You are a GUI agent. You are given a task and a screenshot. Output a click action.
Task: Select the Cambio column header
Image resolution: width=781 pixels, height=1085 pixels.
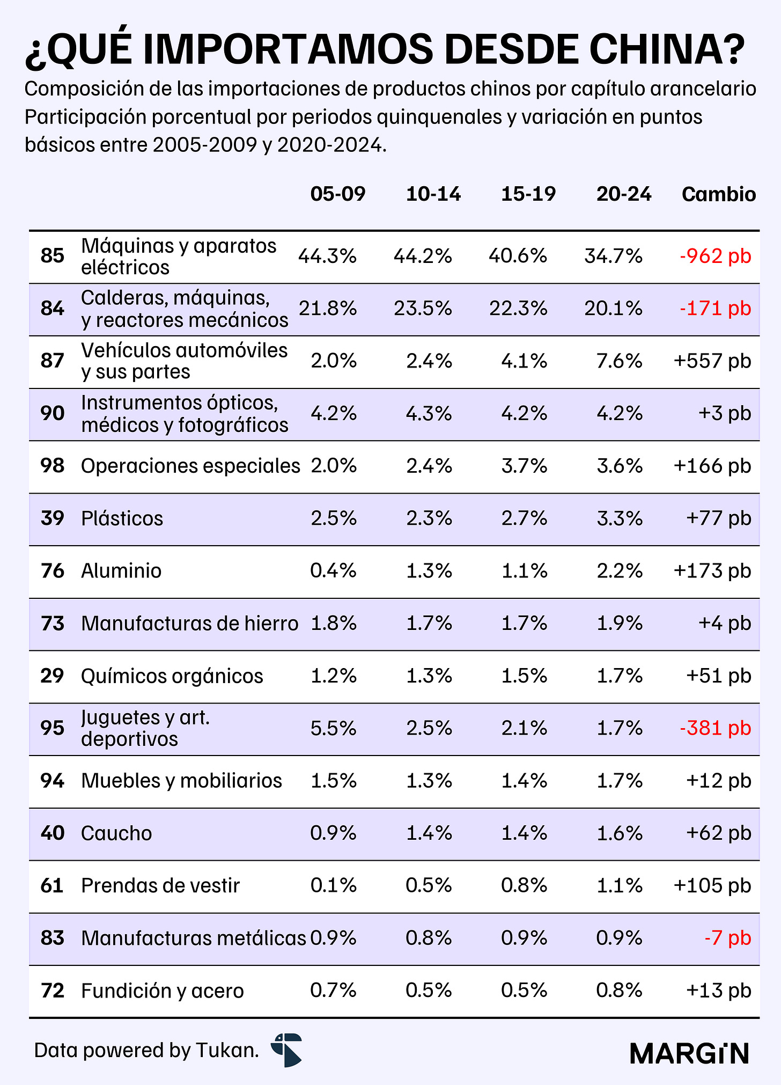click(719, 194)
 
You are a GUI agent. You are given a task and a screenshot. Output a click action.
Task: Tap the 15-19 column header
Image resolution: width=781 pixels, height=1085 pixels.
click(528, 194)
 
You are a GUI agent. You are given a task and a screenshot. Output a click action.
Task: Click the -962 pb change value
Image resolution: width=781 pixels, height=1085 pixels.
click(715, 256)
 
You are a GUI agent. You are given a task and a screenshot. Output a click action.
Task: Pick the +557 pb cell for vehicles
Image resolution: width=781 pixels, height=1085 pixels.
click(712, 361)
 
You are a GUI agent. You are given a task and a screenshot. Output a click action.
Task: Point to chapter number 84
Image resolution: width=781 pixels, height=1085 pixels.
click(52, 309)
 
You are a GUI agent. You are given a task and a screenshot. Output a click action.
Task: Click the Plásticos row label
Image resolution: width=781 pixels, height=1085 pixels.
click(122, 518)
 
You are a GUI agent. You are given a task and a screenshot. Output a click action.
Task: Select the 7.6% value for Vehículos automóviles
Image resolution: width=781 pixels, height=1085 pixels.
click(620, 361)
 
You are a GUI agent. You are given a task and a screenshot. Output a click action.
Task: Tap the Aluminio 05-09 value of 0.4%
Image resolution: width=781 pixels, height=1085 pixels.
click(333, 570)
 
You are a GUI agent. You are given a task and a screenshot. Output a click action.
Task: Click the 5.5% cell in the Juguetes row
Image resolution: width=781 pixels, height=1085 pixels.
click(333, 728)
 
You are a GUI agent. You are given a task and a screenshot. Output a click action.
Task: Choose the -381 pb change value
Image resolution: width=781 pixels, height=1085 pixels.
click(715, 728)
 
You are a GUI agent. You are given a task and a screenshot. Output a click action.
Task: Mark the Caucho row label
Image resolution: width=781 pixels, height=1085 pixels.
click(116, 833)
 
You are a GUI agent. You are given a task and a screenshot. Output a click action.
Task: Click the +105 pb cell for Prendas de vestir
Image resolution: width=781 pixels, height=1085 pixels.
click(712, 885)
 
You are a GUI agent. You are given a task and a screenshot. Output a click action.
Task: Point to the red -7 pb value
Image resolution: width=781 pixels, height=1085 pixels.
click(728, 938)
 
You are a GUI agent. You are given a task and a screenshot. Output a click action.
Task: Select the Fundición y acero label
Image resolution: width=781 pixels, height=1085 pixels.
click(163, 991)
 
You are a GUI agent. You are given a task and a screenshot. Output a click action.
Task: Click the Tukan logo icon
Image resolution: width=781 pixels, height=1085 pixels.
click(286, 1050)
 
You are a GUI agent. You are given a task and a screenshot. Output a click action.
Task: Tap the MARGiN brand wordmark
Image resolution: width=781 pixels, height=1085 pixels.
click(689, 1053)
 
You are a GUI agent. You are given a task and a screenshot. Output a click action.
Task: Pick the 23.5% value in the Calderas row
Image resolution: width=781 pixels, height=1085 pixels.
click(423, 309)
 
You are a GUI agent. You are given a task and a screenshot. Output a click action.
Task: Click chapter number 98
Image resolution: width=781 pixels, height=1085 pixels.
click(52, 466)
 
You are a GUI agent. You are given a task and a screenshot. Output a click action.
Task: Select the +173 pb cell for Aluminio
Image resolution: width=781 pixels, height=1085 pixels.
click(712, 570)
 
